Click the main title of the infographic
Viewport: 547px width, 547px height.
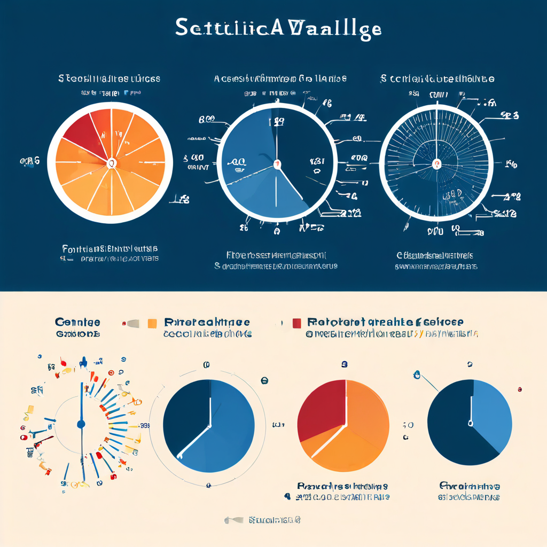tap(278, 28)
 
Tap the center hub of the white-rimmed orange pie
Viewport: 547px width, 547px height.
tap(112, 162)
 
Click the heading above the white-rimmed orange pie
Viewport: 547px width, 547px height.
tap(109, 79)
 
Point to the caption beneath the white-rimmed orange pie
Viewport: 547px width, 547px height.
tap(110, 253)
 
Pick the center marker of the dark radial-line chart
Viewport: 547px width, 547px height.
tap(436, 164)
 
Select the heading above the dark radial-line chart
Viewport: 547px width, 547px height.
tap(437, 79)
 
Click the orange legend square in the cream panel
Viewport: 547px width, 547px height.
tap(152, 323)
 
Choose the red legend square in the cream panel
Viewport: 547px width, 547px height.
tap(297, 323)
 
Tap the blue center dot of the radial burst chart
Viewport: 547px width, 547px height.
tap(81, 424)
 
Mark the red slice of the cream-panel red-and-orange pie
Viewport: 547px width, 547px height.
tap(321, 406)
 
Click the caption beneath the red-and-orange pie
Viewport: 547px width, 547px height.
tap(342, 491)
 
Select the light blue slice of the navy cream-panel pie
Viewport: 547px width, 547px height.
tap(491, 411)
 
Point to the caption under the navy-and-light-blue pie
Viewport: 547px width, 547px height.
tap(470, 491)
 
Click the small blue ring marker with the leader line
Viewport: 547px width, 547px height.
tap(417, 376)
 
